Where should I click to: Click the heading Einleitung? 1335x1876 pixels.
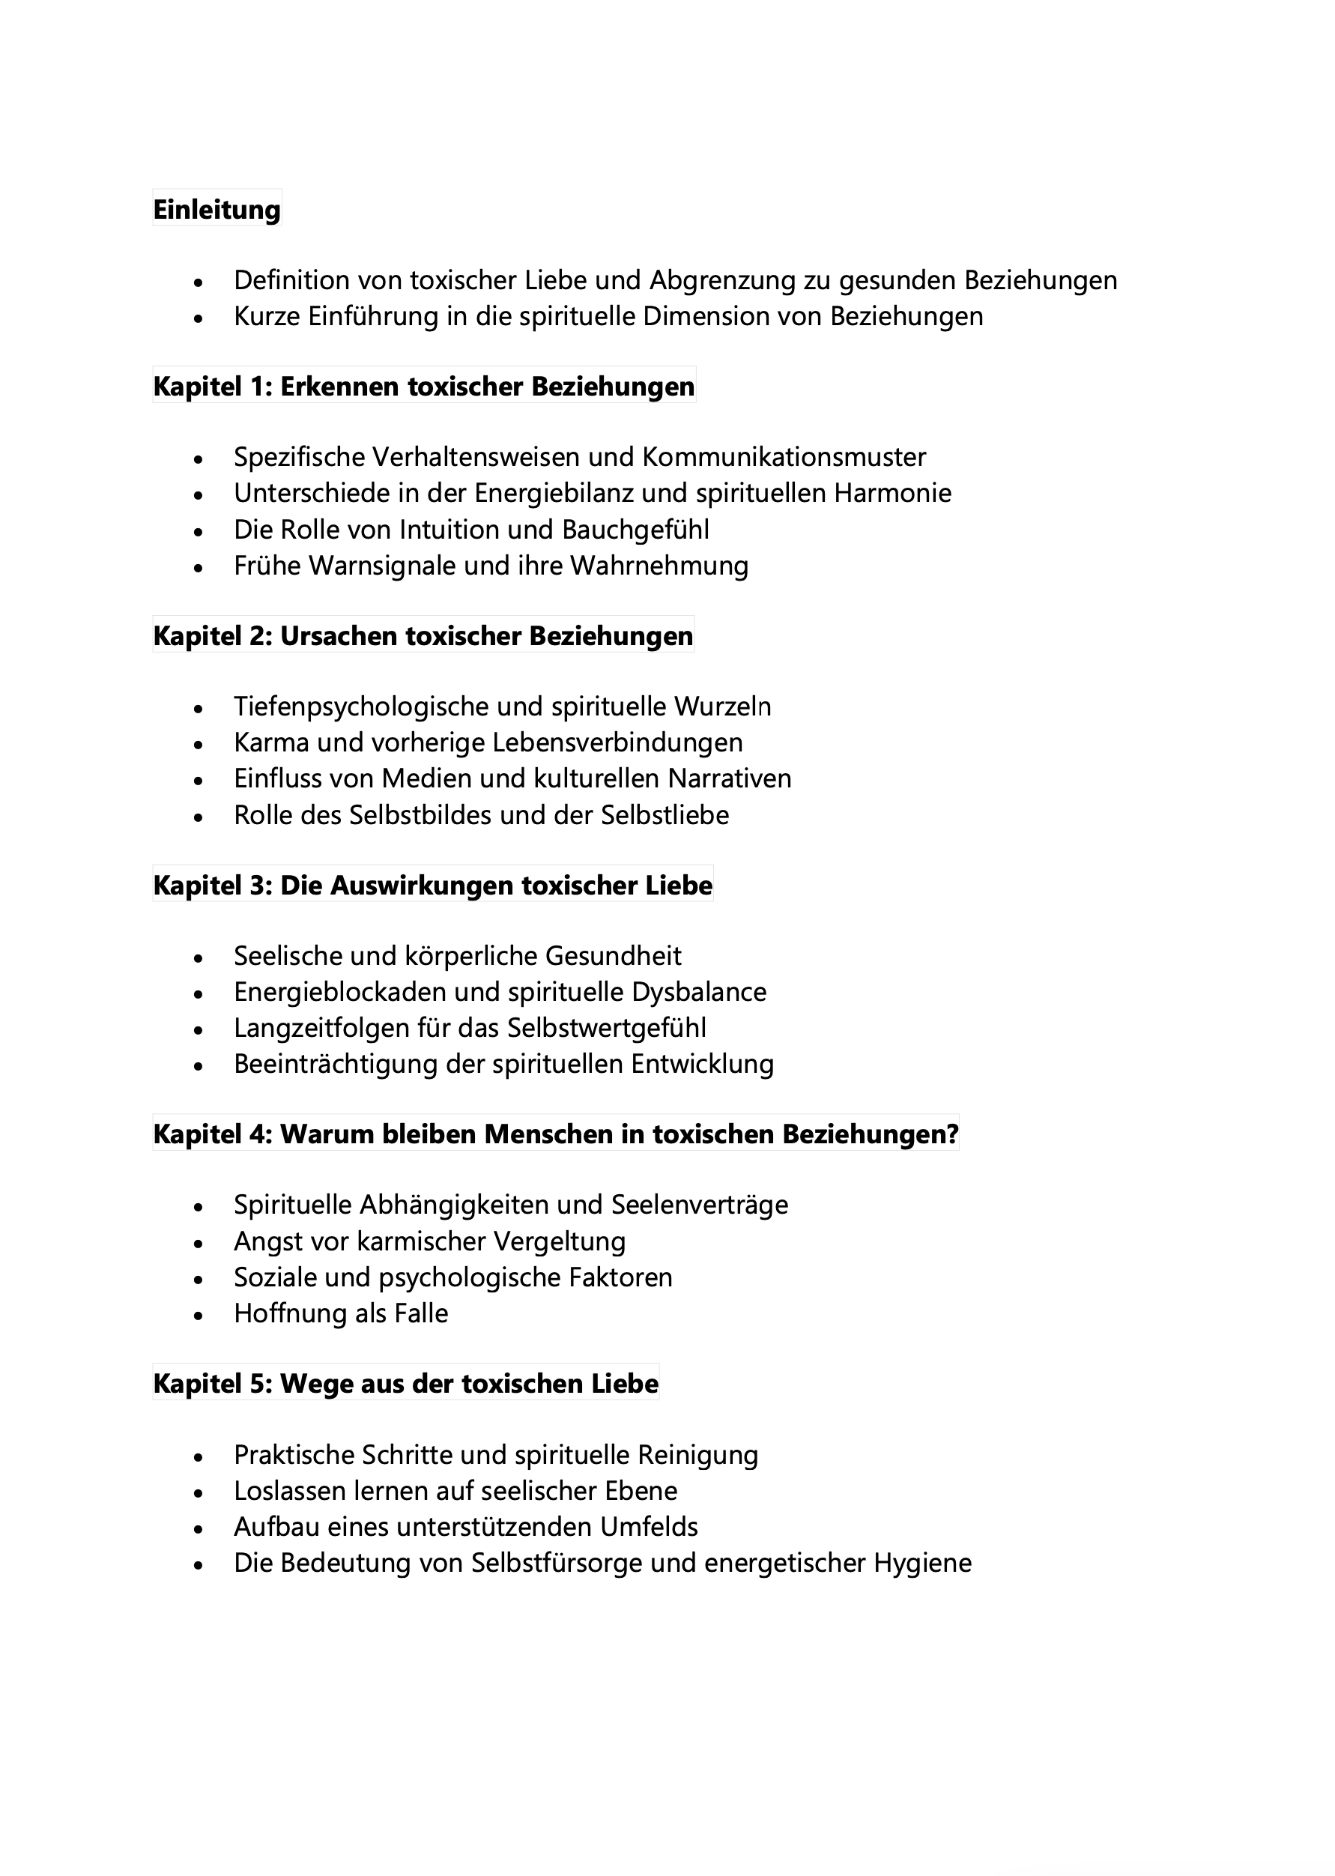pyautogui.click(x=217, y=210)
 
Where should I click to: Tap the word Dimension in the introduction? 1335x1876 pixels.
pyautogui.click(x=697, y=316)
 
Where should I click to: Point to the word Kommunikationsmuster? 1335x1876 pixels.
pyautogui.click(x=784, y=457)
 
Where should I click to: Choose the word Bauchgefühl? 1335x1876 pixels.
pyautogui.click(x=635, y=530)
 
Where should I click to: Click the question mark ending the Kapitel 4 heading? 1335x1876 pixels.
pyautogui.click(x=952, y=1134)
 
